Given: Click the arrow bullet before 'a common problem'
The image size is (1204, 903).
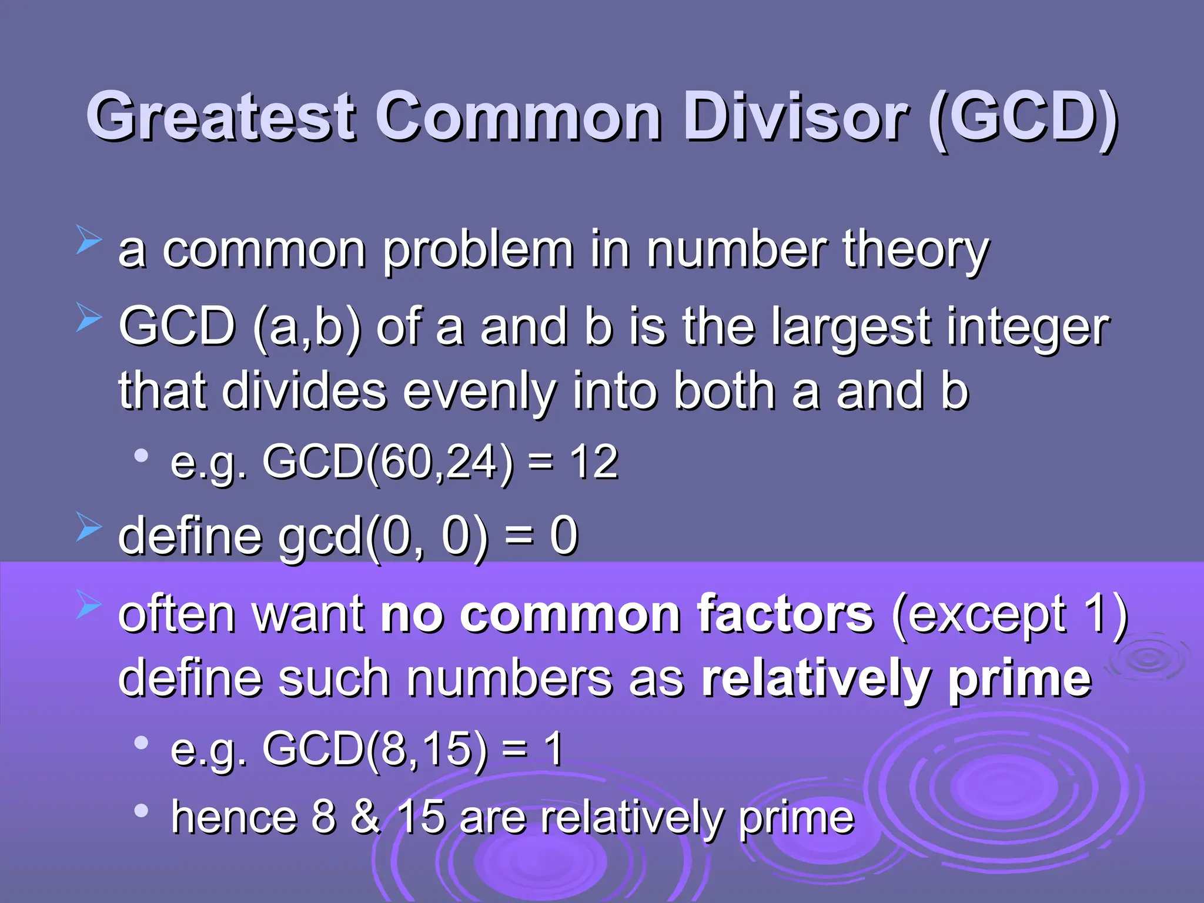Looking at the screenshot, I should (89, 242).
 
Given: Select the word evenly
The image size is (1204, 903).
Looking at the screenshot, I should (479, 393).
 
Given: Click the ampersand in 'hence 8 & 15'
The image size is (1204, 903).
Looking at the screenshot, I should (366, 817).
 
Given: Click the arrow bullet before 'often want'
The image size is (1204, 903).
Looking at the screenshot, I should (89, 606).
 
